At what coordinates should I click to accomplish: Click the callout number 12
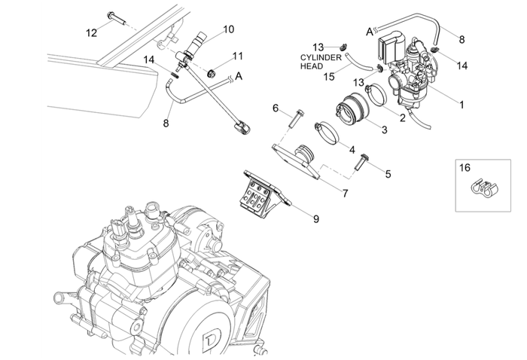tap(91, 32)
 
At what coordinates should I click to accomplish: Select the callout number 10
tap(228, 29)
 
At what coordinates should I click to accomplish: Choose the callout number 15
tap(329, 76)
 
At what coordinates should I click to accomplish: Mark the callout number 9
tap(316, 219)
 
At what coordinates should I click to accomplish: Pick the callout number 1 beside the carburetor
tap(461, 105)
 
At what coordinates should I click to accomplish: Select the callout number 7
tap(344, 194)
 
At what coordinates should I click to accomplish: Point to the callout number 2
tap(402, 117)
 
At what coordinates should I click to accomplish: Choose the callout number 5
tap(388, 174)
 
